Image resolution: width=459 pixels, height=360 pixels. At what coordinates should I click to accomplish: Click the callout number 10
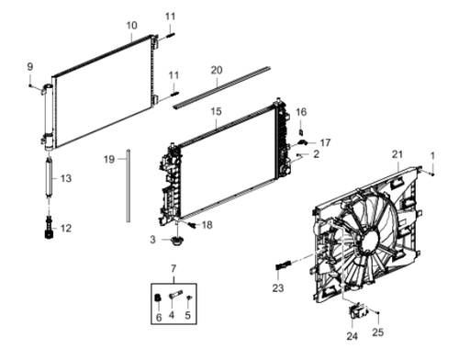click(132, 26)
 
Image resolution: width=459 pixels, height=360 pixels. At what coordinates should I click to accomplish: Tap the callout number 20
click(217, 70)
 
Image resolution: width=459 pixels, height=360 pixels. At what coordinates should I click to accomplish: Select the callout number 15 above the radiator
click(216, 111)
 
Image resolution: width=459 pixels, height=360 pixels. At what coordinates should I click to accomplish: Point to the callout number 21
click(397, 154)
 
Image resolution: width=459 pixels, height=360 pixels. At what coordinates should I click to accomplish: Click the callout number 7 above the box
click(174, 269)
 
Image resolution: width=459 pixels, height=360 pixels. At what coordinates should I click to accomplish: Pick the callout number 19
click(109, 160)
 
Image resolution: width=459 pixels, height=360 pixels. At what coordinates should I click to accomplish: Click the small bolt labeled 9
click(30, 85)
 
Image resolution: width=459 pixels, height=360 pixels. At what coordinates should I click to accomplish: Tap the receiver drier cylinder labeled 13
click(49, 176)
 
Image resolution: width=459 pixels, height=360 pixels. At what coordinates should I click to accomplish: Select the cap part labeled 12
click(49, 228)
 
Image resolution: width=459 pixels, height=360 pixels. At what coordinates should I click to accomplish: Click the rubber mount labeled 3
click(176, 241)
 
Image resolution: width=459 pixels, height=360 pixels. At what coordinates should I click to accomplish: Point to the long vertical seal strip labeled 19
click(129, 186)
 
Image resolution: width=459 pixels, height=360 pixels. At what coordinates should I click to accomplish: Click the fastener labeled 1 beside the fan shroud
click(432, 174)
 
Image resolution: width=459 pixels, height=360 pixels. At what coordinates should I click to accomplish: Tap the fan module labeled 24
click(357, 309)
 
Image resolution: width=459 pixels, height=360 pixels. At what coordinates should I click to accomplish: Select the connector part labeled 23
click(284, 264)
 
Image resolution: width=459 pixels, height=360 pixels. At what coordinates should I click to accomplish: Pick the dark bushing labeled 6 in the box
click(158, 298)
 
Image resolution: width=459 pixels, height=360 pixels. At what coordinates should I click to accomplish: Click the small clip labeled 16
click(301, 132)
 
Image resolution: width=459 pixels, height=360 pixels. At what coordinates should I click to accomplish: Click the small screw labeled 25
click(378, 313)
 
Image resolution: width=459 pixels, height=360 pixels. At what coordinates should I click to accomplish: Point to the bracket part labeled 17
click(303, 141)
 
